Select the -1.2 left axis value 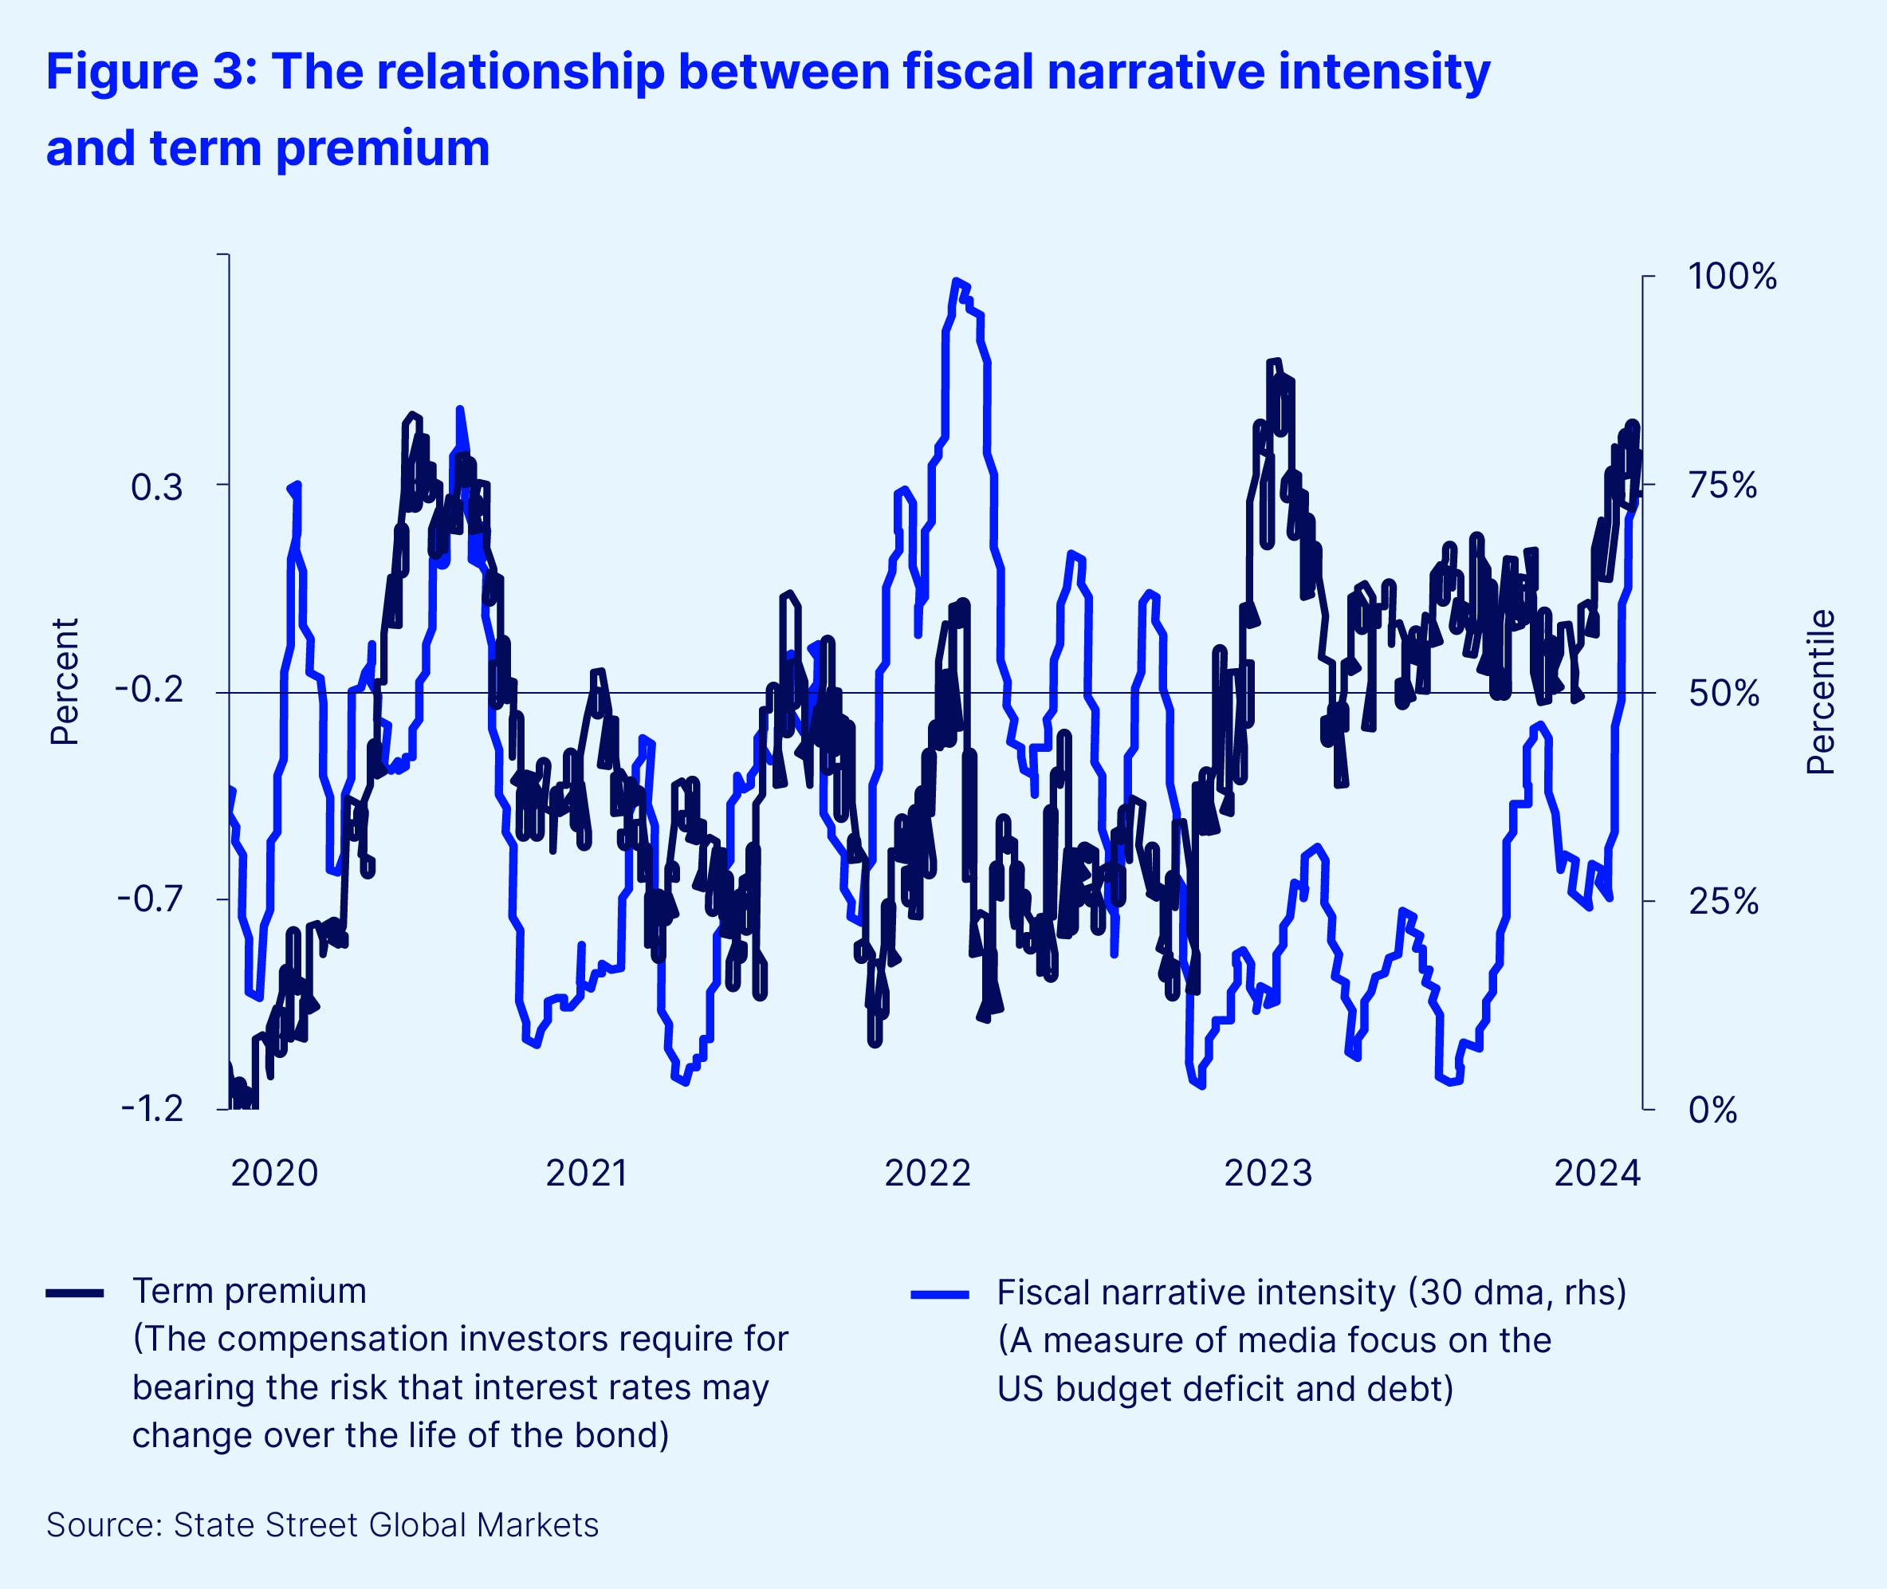(x=152, y=1108)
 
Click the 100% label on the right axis (x=1732, y=276)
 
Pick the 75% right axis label (x=1722, y=486)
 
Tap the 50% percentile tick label (x=1723, y=694)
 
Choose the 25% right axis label (x=1722, y=901)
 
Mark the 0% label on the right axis (x=1712, y=1110)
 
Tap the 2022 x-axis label (x=927, y=1173)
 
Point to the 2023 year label (x=1268, y=1173)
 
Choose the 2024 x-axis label (x=1597, y=1173)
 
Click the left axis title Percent (x=65, y=681)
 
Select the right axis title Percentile (x=1820, y=692)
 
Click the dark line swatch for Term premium (x=75, y=1293)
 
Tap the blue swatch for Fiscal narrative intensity (x=939, y=1296)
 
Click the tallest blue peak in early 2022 (x=956, y=281)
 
